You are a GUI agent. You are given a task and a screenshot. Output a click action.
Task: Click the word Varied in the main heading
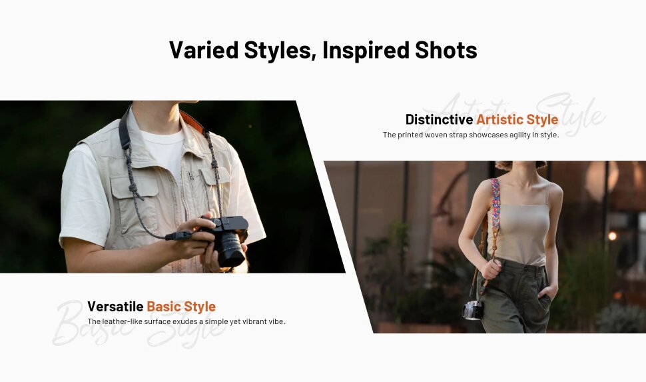(204, 50)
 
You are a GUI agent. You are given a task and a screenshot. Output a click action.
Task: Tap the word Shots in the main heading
(446, 50)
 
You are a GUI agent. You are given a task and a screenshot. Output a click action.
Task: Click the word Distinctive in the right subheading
(439, 119)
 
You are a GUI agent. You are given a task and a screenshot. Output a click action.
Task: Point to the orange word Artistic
(499, 119)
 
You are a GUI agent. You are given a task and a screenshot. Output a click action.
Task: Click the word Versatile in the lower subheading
(115, 307)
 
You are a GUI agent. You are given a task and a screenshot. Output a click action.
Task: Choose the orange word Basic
(164, 307)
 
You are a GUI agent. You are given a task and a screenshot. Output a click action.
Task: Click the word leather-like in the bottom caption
(121, 321)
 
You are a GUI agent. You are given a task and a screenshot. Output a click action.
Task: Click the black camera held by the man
(227, 240)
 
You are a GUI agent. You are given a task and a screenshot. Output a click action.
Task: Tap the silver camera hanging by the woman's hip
(473, 310)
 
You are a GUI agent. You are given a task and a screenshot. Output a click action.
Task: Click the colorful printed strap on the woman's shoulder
(495, 203)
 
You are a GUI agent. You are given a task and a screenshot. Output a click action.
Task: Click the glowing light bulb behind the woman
(612, 236)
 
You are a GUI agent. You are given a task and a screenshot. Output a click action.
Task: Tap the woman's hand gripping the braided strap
(491, 269)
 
